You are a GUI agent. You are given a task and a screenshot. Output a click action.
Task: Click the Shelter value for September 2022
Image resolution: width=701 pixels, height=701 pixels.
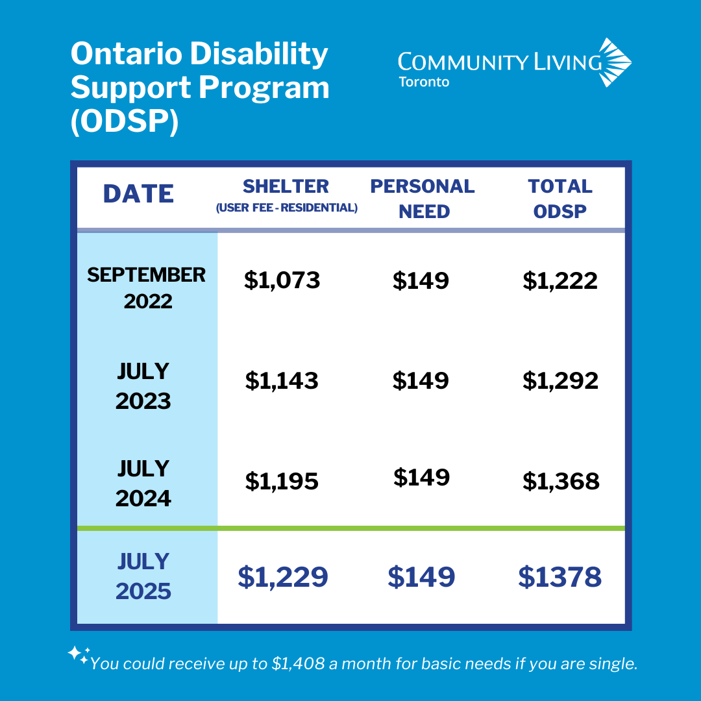(282, 280)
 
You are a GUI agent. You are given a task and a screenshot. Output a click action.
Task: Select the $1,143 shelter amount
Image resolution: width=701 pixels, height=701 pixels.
(282, 380)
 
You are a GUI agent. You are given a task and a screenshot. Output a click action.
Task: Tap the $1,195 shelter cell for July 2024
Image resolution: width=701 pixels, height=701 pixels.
(282, 481)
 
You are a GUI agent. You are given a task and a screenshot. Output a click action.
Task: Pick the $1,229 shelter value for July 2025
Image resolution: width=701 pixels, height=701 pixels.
(283, 576)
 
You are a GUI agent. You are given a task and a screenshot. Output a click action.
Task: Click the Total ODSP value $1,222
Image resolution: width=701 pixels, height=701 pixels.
(560, 280)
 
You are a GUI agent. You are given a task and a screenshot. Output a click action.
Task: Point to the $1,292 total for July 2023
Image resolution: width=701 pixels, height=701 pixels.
(560, 380)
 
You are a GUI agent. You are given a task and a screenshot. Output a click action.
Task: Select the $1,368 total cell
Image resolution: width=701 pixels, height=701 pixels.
(561, 481)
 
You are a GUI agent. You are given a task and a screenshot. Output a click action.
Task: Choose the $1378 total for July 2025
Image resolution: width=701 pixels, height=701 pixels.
(560, 576)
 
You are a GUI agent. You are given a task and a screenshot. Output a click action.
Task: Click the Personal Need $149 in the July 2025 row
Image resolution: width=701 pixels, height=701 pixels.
(421, 576)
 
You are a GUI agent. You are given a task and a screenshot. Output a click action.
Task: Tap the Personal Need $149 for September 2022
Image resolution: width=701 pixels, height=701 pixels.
(421, 280)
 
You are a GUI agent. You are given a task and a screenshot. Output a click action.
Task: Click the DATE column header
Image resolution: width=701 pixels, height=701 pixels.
(139, 194)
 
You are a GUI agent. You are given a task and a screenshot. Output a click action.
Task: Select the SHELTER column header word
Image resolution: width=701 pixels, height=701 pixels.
(286, 186)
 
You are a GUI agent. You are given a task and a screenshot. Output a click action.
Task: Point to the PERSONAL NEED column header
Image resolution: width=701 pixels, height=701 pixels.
(423, 198)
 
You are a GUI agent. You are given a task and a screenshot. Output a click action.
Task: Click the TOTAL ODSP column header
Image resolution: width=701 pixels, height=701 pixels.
(560, 198)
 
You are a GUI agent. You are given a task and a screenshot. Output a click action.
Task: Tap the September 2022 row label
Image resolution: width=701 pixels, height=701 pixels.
(147, 288)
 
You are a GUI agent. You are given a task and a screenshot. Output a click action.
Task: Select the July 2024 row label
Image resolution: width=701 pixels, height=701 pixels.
(143, 484)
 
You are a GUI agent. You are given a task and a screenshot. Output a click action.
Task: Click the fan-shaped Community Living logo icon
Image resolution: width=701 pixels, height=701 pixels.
(613, 62)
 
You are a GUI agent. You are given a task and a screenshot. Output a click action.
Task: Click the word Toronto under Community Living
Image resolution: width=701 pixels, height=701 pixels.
(424, 82)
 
